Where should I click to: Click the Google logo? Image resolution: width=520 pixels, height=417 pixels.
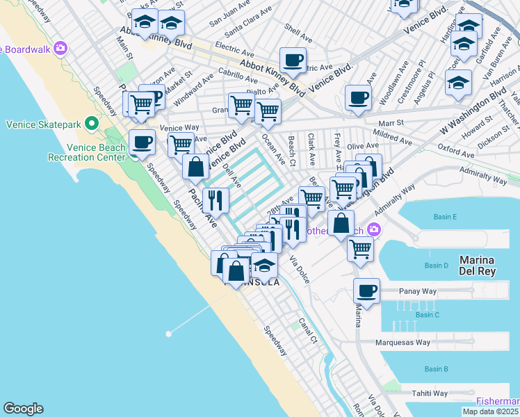point(23,409)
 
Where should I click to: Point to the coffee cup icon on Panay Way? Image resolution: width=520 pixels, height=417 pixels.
point(366,291)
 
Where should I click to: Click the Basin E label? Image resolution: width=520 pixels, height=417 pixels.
point(445,218)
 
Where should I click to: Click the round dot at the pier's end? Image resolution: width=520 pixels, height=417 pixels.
point(168,334)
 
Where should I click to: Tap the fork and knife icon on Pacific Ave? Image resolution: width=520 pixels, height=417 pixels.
point(216,200)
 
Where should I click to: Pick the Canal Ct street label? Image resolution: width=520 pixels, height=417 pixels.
point(308,332)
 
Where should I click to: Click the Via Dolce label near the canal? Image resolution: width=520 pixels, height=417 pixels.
point(300,269)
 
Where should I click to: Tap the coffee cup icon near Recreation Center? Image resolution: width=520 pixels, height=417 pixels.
point(142,142)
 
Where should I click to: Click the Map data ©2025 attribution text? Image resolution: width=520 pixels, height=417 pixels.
point(490,411)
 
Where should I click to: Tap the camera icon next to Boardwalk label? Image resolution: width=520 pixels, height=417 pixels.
point(60,48)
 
